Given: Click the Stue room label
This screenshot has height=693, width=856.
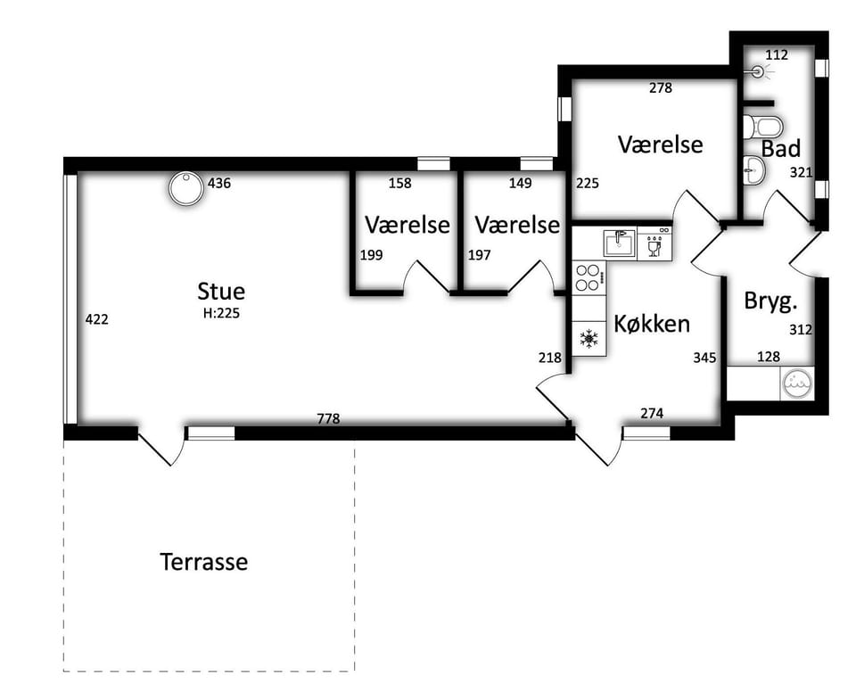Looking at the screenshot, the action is tap(221, 291).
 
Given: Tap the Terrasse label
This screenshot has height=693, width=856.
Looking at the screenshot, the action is tap(204, 561).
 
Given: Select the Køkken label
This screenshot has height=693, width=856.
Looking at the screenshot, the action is tap(652, 323).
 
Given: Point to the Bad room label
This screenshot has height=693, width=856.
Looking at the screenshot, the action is tap(781, 149).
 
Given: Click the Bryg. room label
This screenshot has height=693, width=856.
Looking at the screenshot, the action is tap(770, 301).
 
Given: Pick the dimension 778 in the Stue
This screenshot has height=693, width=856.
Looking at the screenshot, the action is tap(328, 418).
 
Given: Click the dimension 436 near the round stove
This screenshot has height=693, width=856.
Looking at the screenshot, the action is tap(219, 183).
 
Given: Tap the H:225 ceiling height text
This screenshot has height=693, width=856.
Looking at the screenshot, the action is tap(221, 313).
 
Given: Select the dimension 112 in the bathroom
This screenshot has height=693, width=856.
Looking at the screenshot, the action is tap(777, 54).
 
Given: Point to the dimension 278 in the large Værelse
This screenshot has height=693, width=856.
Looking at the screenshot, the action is tap(660, 87).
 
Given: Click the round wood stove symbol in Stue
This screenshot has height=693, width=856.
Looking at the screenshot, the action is tap(186, 189).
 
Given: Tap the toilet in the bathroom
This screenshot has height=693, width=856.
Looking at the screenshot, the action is tap(763, 127).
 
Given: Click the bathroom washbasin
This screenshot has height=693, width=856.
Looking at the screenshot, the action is tap(754, 169).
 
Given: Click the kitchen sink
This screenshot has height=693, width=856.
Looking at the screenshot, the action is tap(620, 243).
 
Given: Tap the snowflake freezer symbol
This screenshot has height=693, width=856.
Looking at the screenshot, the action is tap(589, 339).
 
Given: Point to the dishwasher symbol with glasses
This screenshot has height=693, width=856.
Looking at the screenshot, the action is tap(654, 243).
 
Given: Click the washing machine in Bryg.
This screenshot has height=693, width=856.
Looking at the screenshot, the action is tap(797, 384).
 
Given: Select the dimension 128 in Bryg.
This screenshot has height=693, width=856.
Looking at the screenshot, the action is tap(769, 357).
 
